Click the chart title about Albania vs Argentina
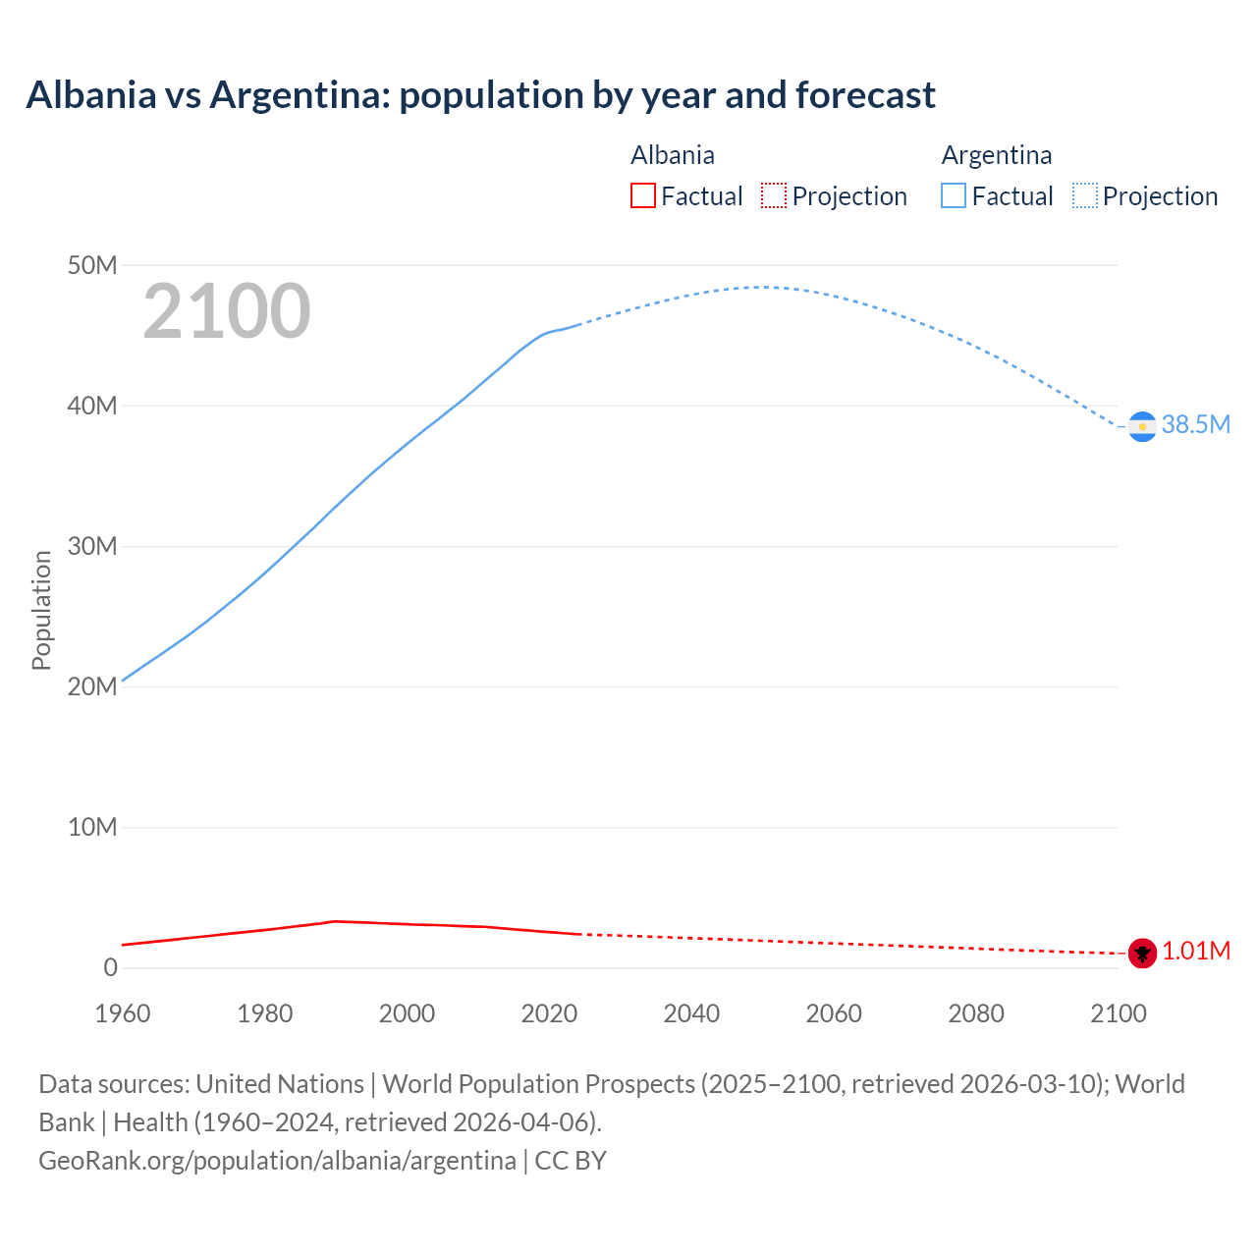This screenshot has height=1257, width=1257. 480,95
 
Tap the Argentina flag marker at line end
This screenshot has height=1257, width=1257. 1142,426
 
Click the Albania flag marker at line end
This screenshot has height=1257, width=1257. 1142,953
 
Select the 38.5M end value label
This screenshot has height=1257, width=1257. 1195,425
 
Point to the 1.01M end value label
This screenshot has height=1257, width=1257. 1196,952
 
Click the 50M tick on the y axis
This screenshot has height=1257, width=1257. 92,265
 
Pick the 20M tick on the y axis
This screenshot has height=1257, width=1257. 92,686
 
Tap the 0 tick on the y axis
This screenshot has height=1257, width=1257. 110,967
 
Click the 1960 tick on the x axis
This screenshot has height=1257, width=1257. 123,1013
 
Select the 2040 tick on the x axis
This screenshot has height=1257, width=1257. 691,1013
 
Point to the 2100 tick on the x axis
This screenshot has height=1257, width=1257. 1118,1013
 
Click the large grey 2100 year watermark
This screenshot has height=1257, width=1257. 227,311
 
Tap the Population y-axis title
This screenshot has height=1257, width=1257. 41,610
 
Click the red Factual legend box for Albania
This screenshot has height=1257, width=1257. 643,196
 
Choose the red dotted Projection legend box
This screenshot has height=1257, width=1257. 774,196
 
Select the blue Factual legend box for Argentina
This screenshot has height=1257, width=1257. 954,196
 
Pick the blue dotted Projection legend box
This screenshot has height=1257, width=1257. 1085,196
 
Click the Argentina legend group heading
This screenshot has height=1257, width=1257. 996,155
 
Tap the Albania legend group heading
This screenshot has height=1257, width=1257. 673,155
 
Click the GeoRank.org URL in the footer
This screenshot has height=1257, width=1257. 277,1161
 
